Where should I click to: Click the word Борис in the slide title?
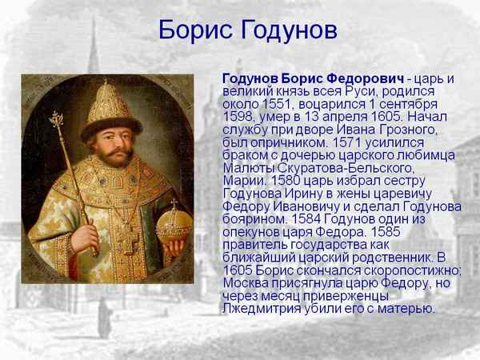[190, 30]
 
